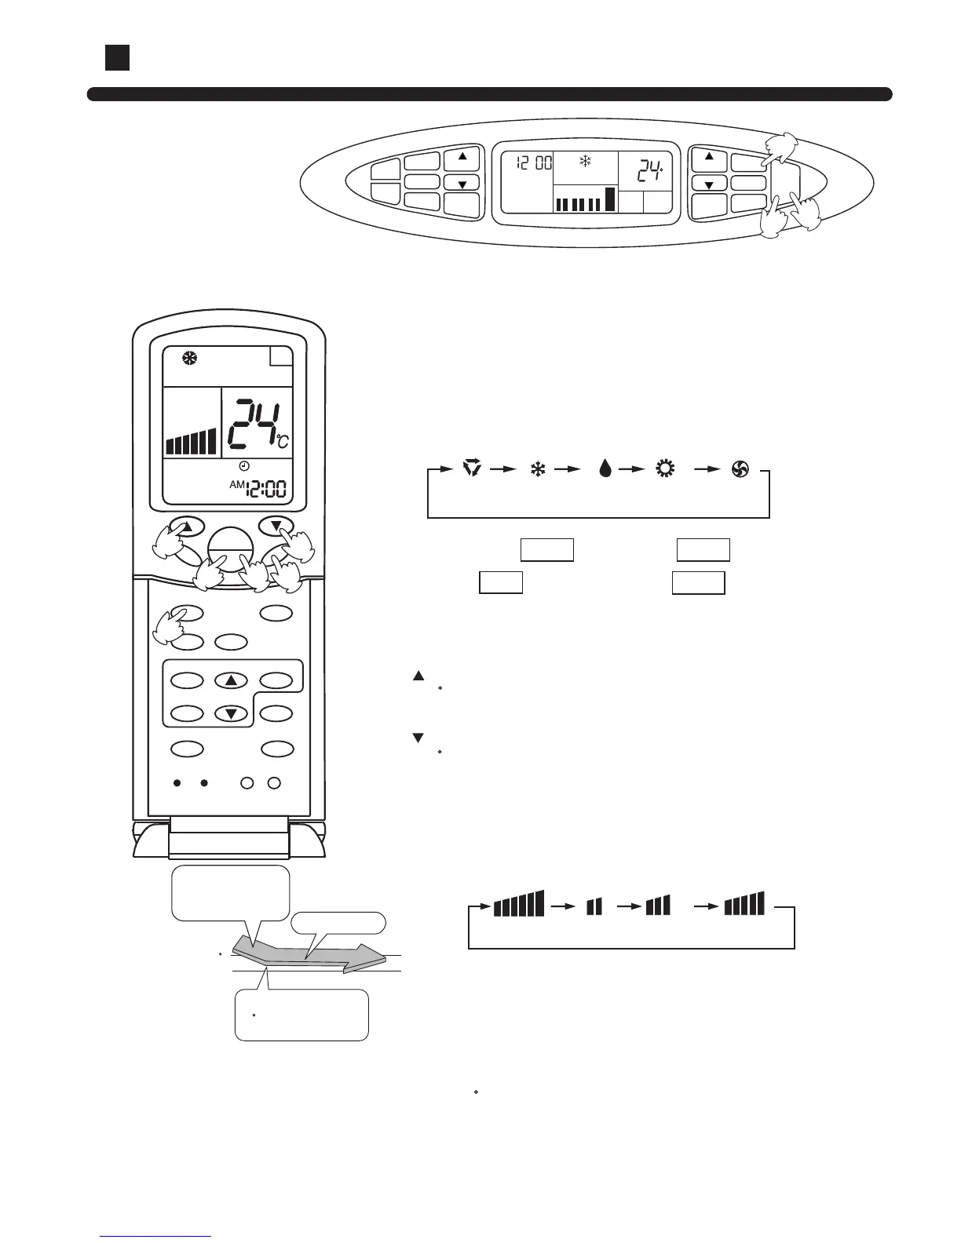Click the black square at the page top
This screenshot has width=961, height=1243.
tap(117, 57)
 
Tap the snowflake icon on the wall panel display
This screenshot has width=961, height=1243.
tap(585, 162)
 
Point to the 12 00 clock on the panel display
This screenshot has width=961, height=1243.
tap(534, 163)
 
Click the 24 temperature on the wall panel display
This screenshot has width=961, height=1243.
tap(649, 172)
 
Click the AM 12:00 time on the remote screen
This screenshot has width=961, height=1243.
tap(259, 489)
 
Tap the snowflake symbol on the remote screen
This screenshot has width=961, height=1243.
tap(192, 359)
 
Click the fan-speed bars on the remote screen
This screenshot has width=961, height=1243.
tap(191, 442)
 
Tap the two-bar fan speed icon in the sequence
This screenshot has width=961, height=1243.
tap(594, 906)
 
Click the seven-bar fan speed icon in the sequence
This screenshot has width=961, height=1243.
tap(518, 904)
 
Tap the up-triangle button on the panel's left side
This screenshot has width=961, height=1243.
tap(462, 157)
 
